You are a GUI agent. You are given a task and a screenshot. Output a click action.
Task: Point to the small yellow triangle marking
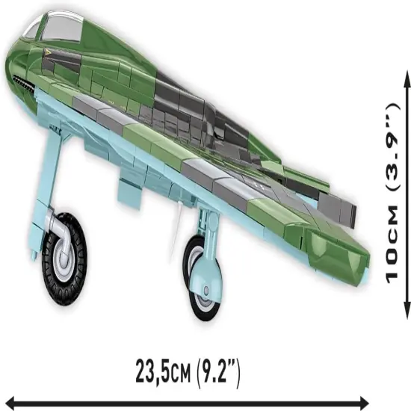pyautogui.click(x=50, y=52)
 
